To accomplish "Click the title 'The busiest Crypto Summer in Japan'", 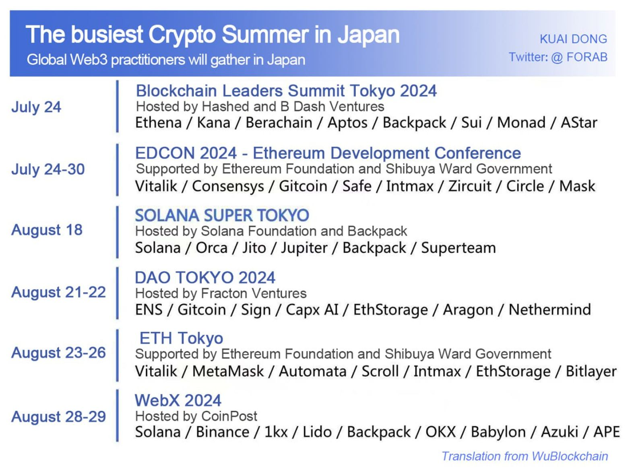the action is tap(213, 35).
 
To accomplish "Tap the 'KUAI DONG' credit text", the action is tap(573, 39).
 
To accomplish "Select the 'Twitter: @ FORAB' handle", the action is tap(558, 57).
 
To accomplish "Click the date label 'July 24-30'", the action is tap(48, 169).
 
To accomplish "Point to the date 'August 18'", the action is tap(47, 230).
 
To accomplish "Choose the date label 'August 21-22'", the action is tap(58, 293).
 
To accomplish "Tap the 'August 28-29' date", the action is tap(58, 417).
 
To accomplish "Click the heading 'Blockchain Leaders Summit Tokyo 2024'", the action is tap(286, 91).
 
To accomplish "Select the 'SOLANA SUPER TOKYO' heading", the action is tap(222, 215).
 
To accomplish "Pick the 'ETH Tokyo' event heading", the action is tap(181, 338).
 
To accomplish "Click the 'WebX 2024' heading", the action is tap(178, 400).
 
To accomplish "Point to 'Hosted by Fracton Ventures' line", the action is tap(221, 294).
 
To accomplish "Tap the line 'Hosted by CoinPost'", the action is tap(196, 416).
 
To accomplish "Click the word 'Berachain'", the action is tap(279, 123).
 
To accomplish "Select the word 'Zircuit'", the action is tap(470, 186).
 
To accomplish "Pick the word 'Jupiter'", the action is tap(304, 248).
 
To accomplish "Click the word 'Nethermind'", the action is tap(549, 310).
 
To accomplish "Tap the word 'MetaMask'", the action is tap(228, 371).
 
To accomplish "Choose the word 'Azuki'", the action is tap(560, 432).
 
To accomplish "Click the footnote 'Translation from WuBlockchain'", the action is tap(525, 456).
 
